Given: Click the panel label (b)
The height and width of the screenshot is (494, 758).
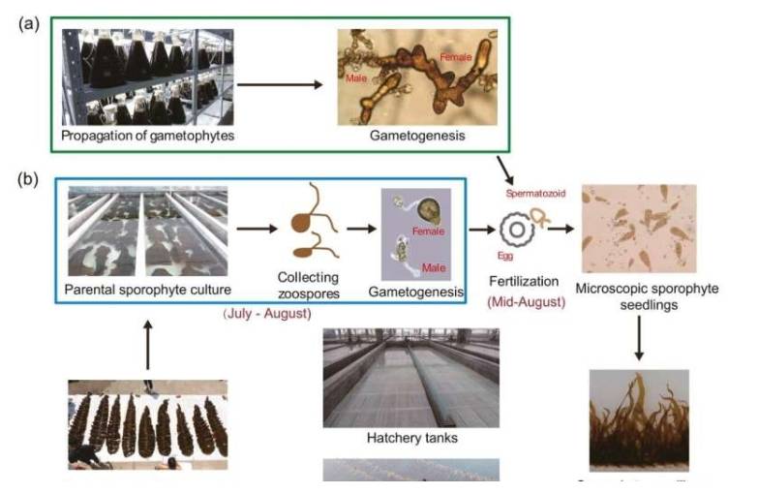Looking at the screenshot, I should click(29, 181).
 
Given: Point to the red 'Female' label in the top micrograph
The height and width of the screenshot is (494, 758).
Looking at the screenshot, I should click(456, 58).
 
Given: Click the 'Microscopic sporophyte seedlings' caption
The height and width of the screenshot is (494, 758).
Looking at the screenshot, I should click(637, 296).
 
